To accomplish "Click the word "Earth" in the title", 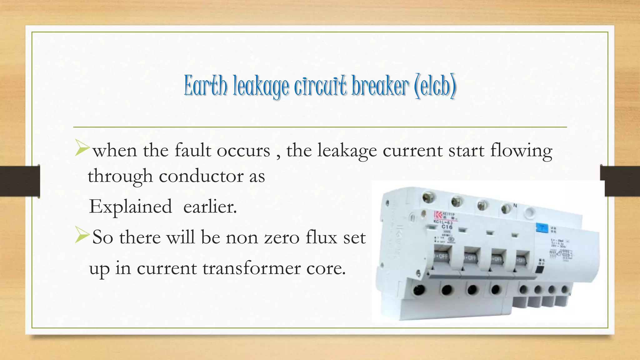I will pos(205,86).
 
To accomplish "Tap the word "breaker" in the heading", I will pos(380,86).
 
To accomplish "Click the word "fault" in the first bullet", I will pos(192,151).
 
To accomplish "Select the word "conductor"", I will pos(201,176).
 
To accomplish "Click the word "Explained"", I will pos(130,207).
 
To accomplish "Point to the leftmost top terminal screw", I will pos(427,197).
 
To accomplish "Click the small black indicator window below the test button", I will pos(540,268).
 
